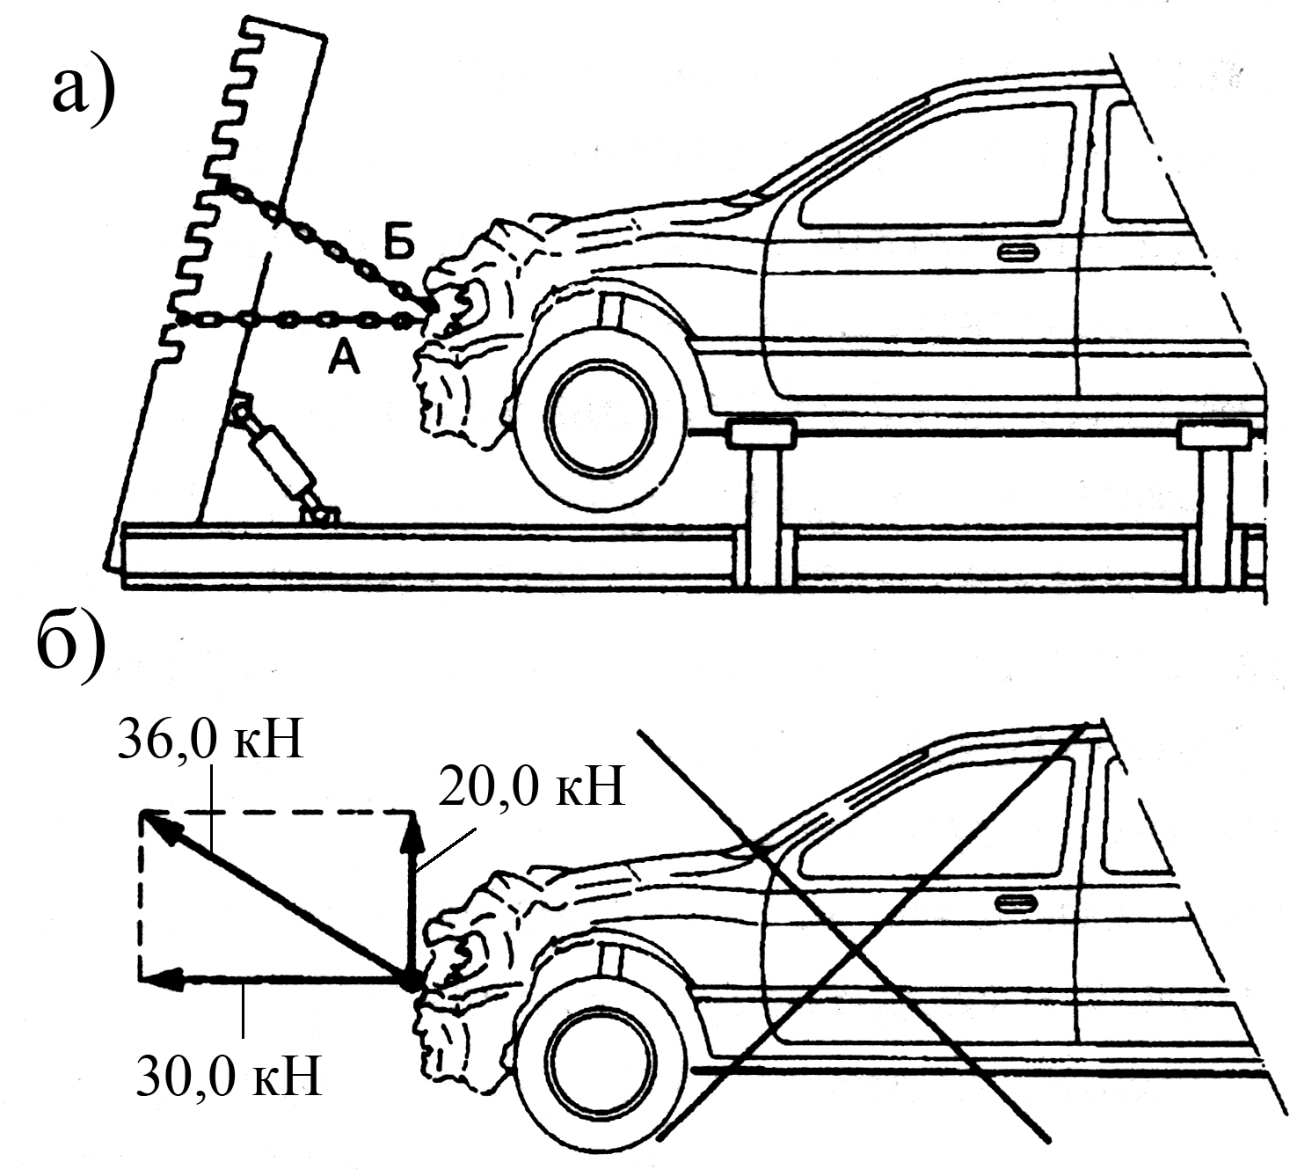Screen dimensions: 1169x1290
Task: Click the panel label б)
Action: (x=72, y=645)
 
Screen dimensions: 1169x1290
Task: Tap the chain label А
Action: (x=344, y=356)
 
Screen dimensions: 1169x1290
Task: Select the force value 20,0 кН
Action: (x=531, y=787)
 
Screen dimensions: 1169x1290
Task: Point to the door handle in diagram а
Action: (x=1017, y=253)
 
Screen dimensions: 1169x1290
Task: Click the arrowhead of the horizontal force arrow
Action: (x=158, y=978)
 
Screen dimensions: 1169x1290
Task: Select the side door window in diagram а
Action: (x=941, y=167)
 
